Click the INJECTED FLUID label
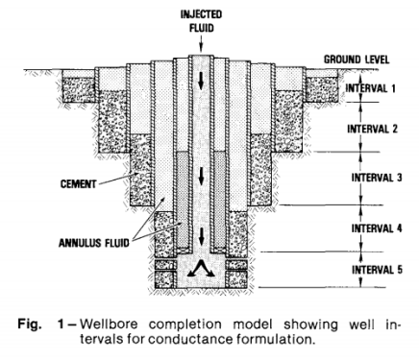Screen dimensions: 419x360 (201, 21)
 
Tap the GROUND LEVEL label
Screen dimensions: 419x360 (357, 60)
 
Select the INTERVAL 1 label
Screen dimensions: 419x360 (370, 88)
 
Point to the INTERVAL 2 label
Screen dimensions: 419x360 (372, 129)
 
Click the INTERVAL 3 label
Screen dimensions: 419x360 (377, 178)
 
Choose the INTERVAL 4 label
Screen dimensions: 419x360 (377, 228)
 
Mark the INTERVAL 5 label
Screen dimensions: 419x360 (377, 270)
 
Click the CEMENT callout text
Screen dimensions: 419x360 (79, 184)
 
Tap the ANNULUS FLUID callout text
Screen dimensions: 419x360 (94, 243)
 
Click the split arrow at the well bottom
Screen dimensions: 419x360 (201, 268)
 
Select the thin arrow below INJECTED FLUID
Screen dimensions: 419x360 (201, 44)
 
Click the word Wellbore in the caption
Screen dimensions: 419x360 (109, 324)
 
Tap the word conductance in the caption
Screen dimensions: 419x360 (191, 339)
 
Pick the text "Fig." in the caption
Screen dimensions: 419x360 (30, 324)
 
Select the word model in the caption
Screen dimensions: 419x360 (253, 324)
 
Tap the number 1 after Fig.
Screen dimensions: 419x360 (61, 324)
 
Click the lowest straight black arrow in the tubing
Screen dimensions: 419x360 (201, 236)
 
